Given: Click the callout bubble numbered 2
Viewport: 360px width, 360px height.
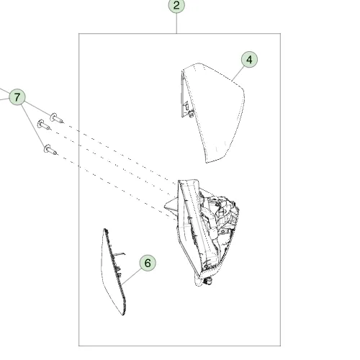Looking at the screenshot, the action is coord(176,5).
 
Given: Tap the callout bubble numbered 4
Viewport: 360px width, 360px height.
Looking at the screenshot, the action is coord(249,59).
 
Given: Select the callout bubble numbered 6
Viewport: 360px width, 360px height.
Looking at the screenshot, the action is coord(148,263).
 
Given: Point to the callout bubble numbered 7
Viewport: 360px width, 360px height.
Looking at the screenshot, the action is coord(17,97).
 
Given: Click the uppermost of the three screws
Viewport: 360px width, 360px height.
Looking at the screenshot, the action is coord(57,118).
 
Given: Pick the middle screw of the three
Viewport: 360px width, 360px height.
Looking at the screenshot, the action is coord(44,125).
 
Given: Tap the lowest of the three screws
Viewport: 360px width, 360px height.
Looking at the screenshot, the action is coord(50,150).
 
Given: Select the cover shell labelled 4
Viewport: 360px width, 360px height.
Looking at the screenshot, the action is coord(212,113).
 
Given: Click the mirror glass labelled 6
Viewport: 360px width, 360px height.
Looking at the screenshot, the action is coord(114,271).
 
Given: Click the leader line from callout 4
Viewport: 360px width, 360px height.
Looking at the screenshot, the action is coord(238,73).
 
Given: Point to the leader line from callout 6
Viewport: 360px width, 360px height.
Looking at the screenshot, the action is coord(132,276).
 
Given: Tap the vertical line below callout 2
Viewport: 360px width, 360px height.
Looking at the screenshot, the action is coord(176,24).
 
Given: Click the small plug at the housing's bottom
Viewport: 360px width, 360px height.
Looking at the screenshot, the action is coord(208,281).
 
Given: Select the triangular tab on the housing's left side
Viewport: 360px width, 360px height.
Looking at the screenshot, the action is coord(171,206).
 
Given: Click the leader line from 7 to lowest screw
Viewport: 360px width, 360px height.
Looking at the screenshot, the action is coord(33,125).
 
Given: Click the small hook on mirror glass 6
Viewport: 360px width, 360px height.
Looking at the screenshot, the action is coord(120,253).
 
